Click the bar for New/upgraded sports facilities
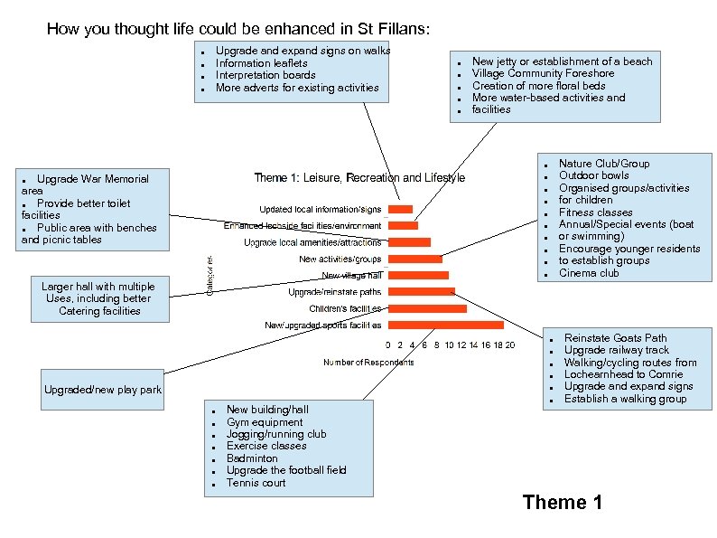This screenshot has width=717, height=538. point(444,325)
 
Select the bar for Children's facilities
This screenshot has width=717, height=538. point(426,308)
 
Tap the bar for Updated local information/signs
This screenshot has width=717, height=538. point(399,209)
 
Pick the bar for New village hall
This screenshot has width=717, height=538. point(417,275)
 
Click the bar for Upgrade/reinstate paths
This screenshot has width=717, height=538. point(421,292)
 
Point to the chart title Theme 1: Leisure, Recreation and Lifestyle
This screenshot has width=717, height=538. point(359,178)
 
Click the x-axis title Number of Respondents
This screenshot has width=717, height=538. point(368,363)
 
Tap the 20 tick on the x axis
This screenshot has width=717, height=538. point(510,345)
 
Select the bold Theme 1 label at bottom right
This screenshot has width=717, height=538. point(562,503)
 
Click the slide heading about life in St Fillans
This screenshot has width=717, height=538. point(238,30)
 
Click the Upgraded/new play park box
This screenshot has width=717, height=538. point(103,391)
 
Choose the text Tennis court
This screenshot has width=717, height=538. point(256,483)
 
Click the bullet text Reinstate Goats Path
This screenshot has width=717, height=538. point(615,338)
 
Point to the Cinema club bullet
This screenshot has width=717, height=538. point(589,273)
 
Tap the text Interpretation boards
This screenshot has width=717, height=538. point(265,76)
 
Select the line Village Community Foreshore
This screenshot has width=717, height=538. point(543,73)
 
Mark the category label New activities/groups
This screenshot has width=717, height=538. point(340,260)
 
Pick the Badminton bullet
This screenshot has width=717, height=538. point(252,458)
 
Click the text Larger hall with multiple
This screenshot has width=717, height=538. point(98,287)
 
